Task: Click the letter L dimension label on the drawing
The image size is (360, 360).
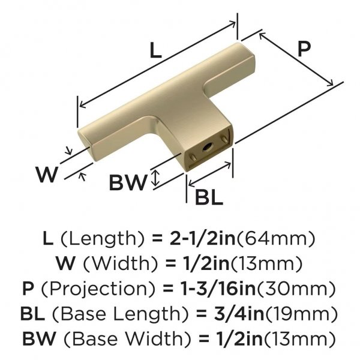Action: pos(155,50)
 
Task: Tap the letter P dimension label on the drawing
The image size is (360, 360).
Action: pos(304,49)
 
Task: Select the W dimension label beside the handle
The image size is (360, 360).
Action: pos(46,175)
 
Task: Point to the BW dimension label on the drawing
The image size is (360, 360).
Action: pos(128,182)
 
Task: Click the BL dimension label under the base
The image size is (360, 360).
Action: pos(209,197)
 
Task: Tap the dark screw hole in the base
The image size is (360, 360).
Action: pos(208,146)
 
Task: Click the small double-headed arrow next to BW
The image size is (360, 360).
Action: pos(155,178)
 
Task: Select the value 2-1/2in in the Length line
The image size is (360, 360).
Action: pos(203,239)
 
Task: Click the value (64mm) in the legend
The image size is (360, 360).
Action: pos(276,239)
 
